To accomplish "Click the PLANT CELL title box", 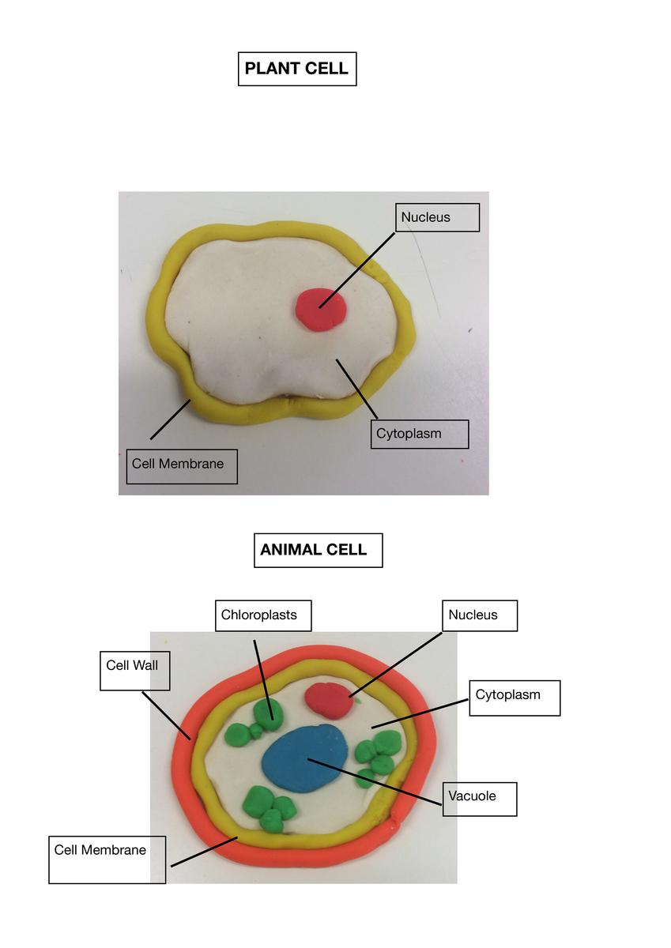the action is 297,69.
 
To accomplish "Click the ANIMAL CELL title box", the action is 319,550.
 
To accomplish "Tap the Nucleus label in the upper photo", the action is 437,217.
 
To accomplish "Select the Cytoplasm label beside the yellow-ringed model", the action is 420,434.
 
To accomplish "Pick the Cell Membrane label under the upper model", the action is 182,466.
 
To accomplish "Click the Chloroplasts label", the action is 263,615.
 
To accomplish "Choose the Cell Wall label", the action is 134,671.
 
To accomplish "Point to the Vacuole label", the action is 480,799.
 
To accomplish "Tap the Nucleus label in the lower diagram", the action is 480,615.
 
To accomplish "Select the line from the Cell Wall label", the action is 167,716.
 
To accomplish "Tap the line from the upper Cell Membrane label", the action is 171,419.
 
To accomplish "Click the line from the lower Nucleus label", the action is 395,664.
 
